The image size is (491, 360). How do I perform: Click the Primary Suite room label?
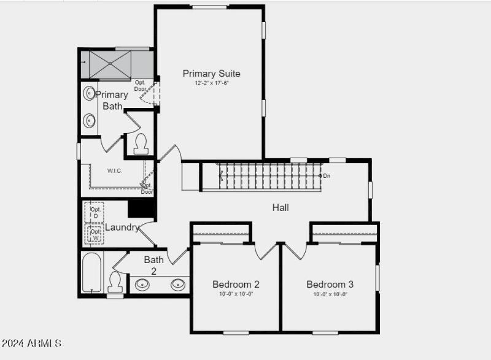(x=211, y=74)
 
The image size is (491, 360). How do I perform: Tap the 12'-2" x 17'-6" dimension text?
(x=211, y=83)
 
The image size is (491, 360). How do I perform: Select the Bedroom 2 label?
(x=236, y=285)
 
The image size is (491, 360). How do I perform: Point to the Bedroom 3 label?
(x=330, y=285)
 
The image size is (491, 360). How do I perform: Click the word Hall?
(x=280, y=208)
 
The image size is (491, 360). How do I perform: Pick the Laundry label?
(x=122, y=228)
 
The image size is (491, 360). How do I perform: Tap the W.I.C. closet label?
(x=114, y=170)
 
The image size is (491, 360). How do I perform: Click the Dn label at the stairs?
(x=327, y=176)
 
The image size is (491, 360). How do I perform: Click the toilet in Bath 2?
(x=115, y=283)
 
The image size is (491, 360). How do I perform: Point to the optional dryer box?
(x=95, y=212)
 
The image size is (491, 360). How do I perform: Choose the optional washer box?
(x=95, y=235)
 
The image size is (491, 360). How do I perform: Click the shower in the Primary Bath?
(x=110, y=64)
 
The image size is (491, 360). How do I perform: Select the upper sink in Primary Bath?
(x=90, y=94)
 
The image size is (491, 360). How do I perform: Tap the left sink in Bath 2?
(x=142, y=284)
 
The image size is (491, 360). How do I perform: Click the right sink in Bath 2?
(x=178, y=284)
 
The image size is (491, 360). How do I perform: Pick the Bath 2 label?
(x=153, y=265)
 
